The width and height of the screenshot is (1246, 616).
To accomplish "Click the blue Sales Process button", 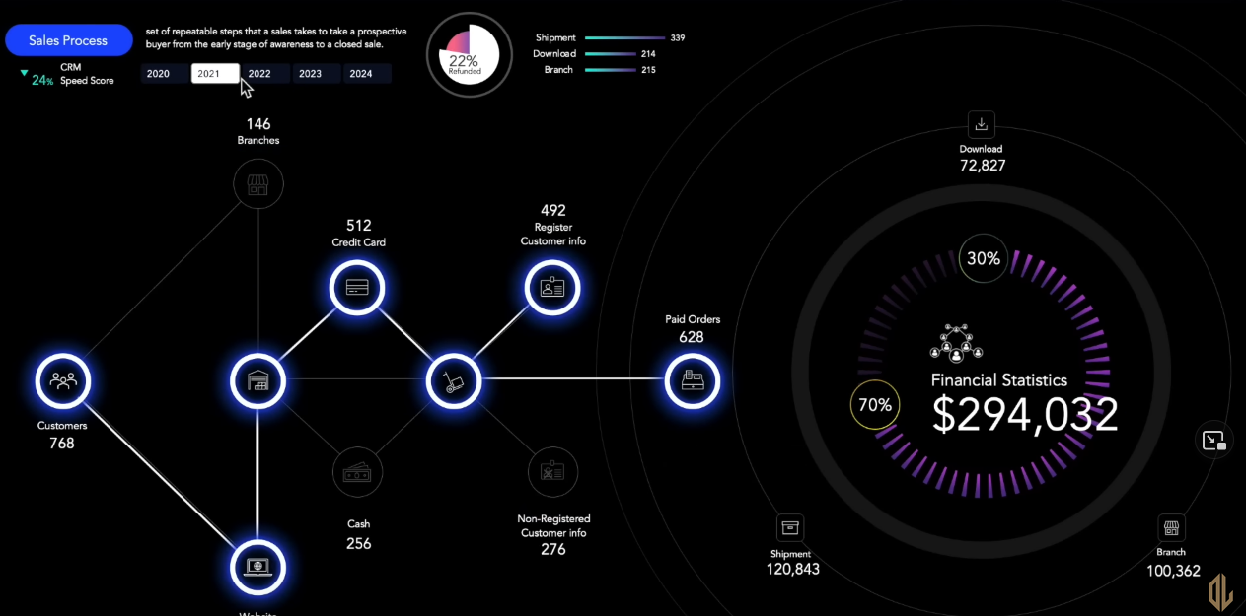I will [69, 40].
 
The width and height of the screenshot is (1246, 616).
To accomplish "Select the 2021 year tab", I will [215, 74].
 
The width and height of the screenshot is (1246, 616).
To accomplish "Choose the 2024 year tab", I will [361, 74].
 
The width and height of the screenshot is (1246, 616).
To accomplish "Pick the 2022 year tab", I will [260, 74].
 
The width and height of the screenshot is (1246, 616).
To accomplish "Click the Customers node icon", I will [63, 380].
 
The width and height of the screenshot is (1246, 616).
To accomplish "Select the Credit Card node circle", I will [357, 288].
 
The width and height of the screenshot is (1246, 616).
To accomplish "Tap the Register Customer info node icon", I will [552, 288].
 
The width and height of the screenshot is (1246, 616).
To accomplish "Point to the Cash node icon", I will [357, 473].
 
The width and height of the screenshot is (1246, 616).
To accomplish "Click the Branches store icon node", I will [258, 183].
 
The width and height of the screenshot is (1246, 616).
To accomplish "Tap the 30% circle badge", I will [984, 259].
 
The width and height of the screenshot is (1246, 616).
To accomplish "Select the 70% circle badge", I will [875, 404].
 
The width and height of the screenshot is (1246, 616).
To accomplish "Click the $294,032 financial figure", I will [1025, 415].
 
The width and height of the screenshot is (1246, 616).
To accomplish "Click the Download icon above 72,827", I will [981, 125].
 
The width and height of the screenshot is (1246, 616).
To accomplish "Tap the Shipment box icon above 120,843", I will [790, 527].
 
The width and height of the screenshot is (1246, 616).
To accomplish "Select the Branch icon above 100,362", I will [1171, 527].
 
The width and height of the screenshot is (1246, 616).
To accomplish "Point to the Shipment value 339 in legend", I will [677, 38].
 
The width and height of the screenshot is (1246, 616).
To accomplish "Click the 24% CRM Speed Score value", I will [41, 80].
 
